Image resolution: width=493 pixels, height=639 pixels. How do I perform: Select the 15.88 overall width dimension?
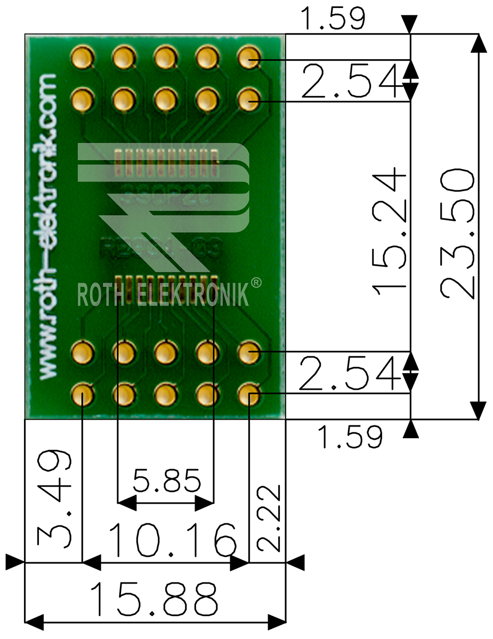(x=155, y=599)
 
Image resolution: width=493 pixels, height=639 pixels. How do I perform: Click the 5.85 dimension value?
(x=167, y=481)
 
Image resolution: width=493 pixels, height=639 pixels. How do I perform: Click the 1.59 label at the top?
(x=333, y=19)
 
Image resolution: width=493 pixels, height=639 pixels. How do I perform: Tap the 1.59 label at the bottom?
(x=350, y=437)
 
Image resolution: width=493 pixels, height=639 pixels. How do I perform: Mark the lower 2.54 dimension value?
(x=350, y=373)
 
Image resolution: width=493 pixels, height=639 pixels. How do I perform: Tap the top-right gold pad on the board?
(x=248, y=58)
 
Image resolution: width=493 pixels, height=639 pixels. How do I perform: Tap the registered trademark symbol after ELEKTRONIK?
(x=256, y=283)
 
